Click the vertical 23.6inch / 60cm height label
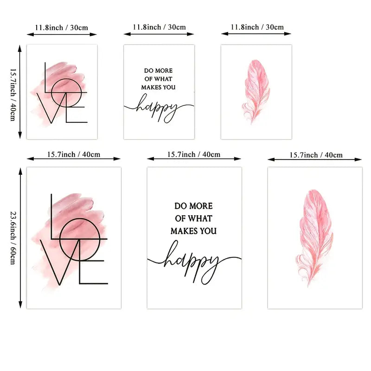tap(13, 238)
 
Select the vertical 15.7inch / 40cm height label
tap(13, 92)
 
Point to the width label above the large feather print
tap(316, 154)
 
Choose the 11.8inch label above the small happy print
tap(159, 27)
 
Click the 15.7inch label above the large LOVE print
tap(74, 154)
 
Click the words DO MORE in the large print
tap(193, 205)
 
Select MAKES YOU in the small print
tap(159, 87)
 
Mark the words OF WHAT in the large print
tap(193, 218)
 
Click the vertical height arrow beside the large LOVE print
tap(20, 238)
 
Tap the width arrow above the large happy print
tap(194, 159)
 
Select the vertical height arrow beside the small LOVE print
tap(20, 91)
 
